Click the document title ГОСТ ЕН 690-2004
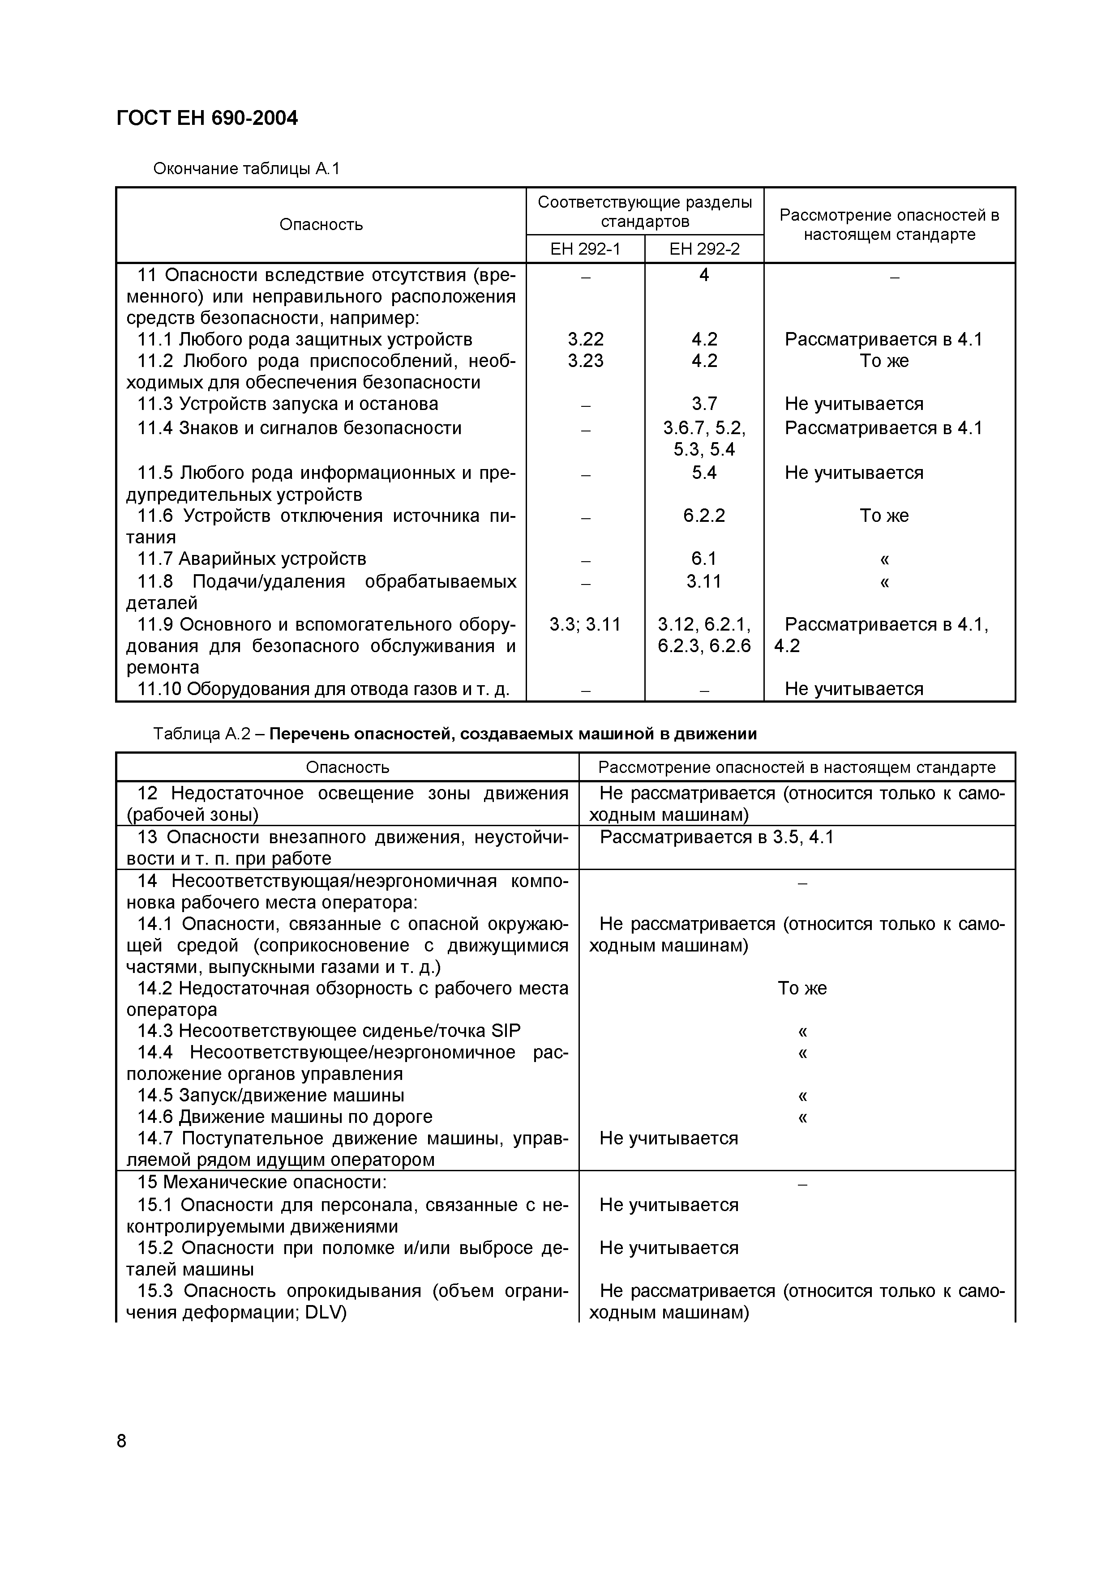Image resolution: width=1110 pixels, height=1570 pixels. tap(207, 118)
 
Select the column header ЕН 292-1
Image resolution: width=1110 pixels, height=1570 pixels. tap(585, 249)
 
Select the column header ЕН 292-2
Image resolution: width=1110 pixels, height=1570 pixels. tap(704, 249)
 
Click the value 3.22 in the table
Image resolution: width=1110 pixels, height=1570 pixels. tap(585, 340)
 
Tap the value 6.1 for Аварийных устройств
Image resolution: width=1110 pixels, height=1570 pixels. tap(704, 559)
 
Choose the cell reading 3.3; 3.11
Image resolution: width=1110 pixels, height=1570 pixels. tap(585, 624)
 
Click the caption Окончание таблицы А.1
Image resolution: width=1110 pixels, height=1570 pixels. tap(246, 168)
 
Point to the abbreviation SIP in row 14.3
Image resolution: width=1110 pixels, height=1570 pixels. tap(506, 1031)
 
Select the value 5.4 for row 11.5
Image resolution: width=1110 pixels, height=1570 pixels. tap(704, 473)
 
